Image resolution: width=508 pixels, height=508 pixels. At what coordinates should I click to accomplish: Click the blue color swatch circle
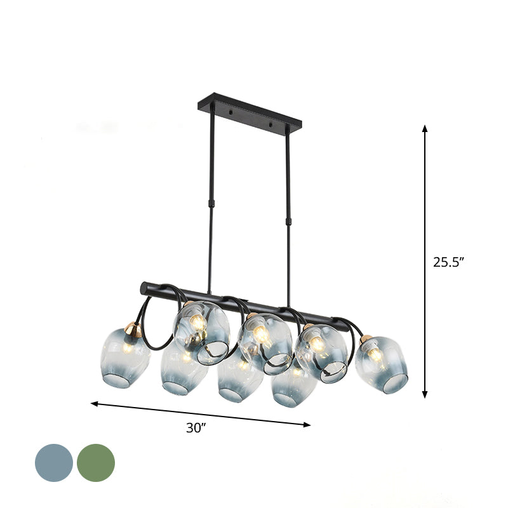[54, 463]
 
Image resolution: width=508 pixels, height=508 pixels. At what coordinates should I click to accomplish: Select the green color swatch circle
[96, 463]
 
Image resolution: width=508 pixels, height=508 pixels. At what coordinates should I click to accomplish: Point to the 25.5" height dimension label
[449, 262]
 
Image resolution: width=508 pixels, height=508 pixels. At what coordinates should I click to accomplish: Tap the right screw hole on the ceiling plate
[274, 127]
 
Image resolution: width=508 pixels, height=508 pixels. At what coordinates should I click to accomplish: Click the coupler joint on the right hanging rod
[288, 220]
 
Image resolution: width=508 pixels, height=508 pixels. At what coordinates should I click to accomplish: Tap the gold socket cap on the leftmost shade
[133, 329]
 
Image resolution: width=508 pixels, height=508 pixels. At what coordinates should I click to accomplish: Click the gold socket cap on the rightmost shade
[366, 339]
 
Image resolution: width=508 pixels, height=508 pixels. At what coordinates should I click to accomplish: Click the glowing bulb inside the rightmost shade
[375, 355]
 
